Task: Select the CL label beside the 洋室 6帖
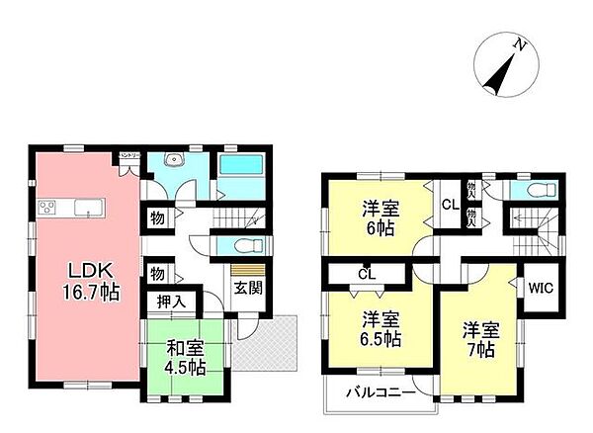tap(447, 206)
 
